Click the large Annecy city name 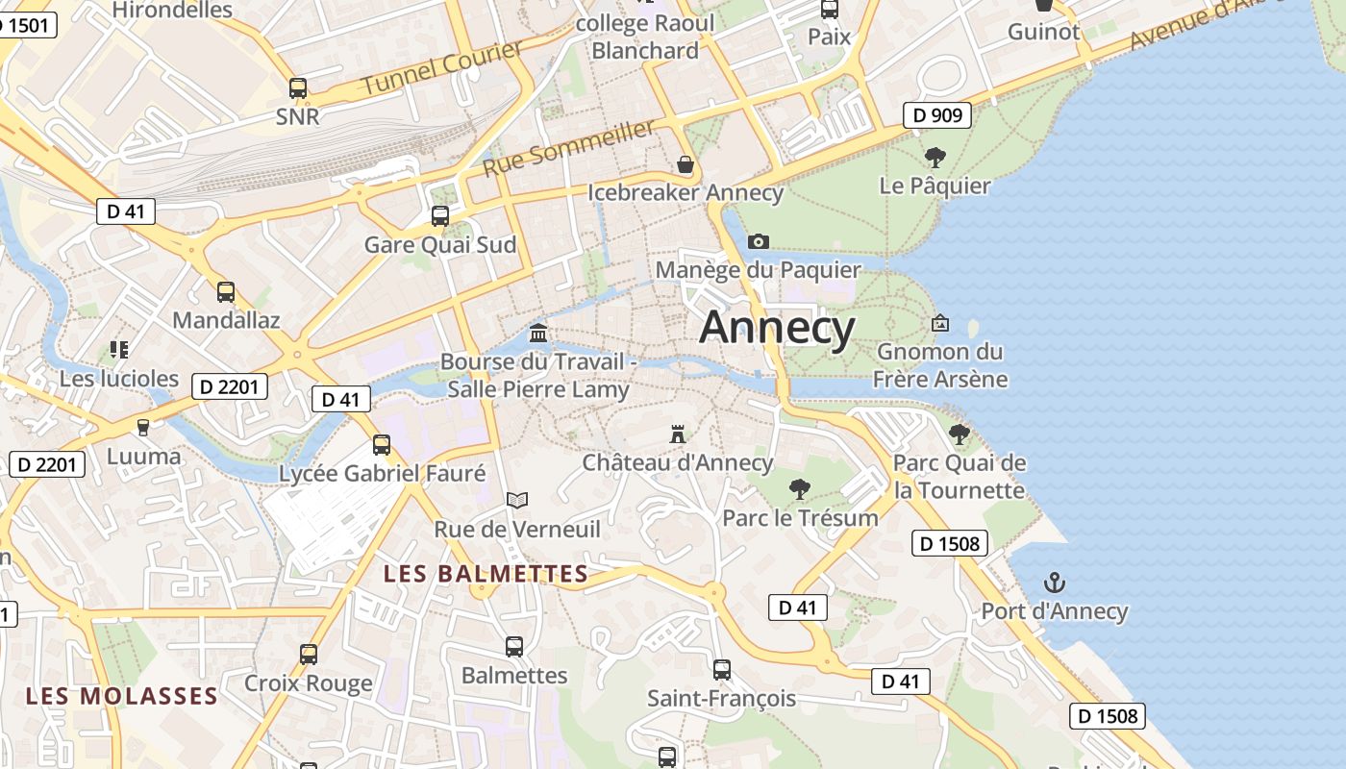[x=777, y=328]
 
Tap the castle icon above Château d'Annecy [x=678, y=434]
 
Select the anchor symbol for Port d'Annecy [x=1055, y=583]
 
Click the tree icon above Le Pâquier [x=935, y=157]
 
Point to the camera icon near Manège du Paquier [x=759, y=241]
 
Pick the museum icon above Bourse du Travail [x=538, y=334]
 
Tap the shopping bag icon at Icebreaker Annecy [x=685, y=164]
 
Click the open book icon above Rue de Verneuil [x=517, y=500]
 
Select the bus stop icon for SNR [x=298, y=88]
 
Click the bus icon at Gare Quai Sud [x=440, y=216]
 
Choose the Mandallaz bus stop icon [x=226, y=292]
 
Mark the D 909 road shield [x=937, y=115]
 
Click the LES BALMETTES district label [x=486, y=574]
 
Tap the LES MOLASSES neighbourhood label [x=122, y=696]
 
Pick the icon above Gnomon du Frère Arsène [x=940, y=324]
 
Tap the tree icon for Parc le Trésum [x=799, y=489]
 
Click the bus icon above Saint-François [x=722, y=670]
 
